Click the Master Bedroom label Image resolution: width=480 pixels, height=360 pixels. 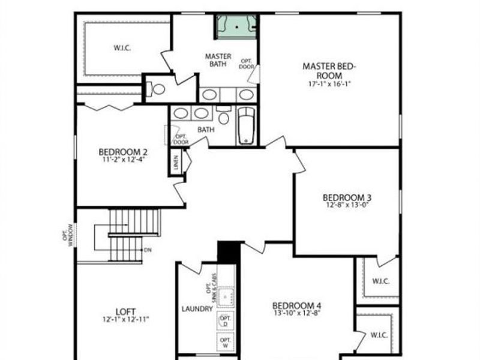(x=330, y=71)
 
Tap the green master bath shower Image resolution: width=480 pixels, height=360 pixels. (x=236, y=27)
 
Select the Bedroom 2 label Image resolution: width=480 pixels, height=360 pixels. (x=122, y=152)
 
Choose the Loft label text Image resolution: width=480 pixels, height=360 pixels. (x=125, y=311)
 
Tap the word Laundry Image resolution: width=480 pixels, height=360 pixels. (x=197, y=309)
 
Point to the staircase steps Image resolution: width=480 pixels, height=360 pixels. (x=135, y=222)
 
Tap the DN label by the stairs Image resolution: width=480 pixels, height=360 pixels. (x=148, y=249)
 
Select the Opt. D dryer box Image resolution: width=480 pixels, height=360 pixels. (x=226, y=321)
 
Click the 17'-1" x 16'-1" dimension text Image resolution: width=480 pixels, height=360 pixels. (x=330, y=84)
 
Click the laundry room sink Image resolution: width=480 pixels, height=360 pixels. (x=226, y=296)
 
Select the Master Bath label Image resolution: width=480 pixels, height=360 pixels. (x=218, y=60)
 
